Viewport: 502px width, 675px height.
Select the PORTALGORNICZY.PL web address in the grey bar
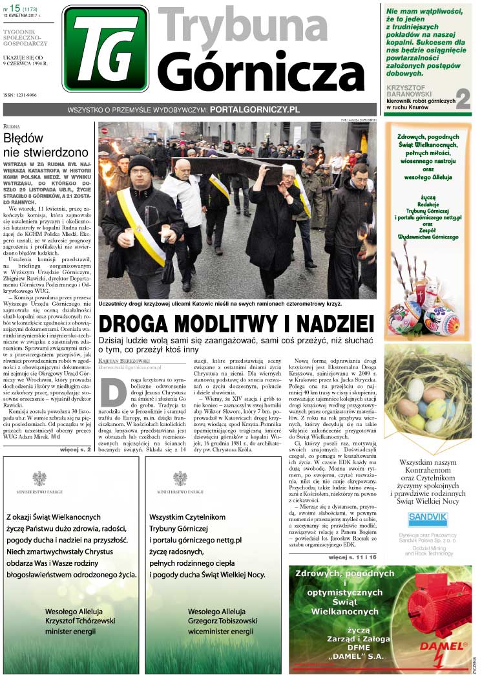coord(255,110)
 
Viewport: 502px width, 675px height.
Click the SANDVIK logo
coord(428,519)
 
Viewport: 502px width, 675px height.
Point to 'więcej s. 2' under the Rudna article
coord(75,447)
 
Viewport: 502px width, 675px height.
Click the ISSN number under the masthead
coord(21,95)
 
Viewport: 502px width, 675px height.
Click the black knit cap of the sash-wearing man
coord(140,163)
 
